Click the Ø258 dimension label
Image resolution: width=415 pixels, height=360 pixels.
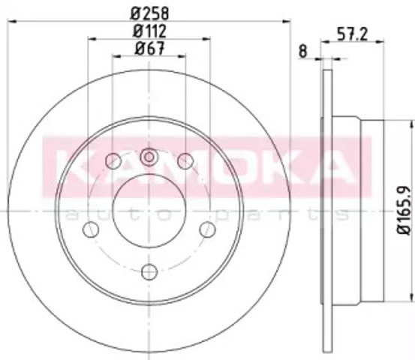tap(149, 13)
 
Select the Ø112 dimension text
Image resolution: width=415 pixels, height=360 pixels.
tap(149, 31)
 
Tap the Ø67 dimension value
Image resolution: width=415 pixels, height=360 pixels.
tap(149, 49)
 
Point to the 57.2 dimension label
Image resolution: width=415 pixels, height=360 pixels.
tap(352, 34)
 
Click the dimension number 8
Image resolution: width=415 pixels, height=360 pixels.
tap(302, 51)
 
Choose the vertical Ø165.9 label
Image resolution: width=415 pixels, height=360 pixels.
tap(403, 210)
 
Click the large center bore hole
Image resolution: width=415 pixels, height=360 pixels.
tap(149, 211)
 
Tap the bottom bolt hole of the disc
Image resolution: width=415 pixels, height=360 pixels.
tap(149, 271)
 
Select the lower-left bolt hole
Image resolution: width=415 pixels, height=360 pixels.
tap(91, 229)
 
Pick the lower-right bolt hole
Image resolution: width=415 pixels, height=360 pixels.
tap(207, 229)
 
